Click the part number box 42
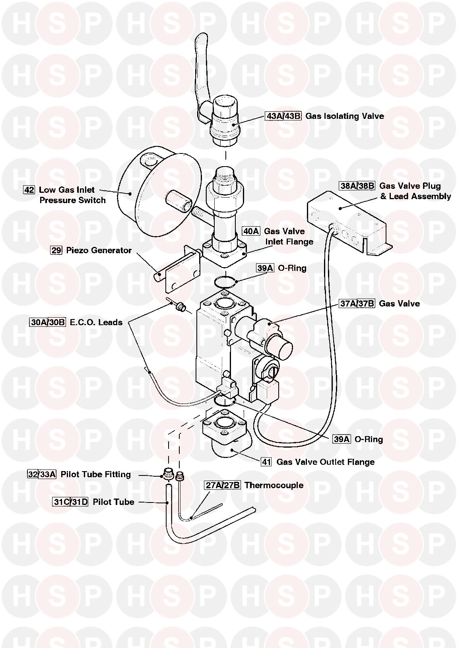coord(29,190)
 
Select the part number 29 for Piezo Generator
coord(56,250)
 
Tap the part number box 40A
coord(251,231)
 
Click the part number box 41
coord(266,462)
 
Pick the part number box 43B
coord(293,116)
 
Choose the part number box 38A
coord(348,186)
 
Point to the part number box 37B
coord(366,304)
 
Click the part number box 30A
coord(38,322)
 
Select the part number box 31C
coord(61,502)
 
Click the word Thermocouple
coord(274,485)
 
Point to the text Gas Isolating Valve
coord(344,116)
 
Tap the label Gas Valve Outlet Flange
coord(325,462)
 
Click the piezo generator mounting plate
coord(180,274)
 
